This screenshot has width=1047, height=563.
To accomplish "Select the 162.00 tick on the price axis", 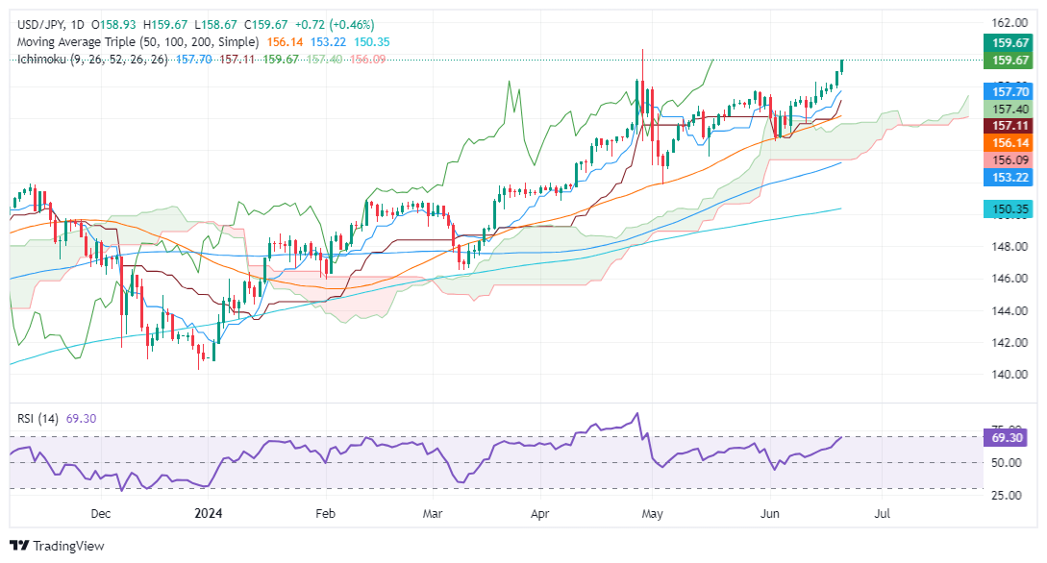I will coord(1006,23).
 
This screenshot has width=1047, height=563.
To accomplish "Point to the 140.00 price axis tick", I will coord(1006,375).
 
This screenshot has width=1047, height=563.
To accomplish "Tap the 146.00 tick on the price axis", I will coord(1006,279).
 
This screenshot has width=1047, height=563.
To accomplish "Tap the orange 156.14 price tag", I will coord(1007,143).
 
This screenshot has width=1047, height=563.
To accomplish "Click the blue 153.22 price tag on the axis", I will coord(1007,178).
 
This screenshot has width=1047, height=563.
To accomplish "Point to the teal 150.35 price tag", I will coord(1007,209).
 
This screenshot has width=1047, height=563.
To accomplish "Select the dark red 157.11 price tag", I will coord(1007,126).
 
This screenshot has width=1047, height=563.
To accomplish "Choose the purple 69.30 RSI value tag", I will coord(1007,437).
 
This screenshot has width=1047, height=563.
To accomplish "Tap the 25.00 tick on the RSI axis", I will coord(1006,495).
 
